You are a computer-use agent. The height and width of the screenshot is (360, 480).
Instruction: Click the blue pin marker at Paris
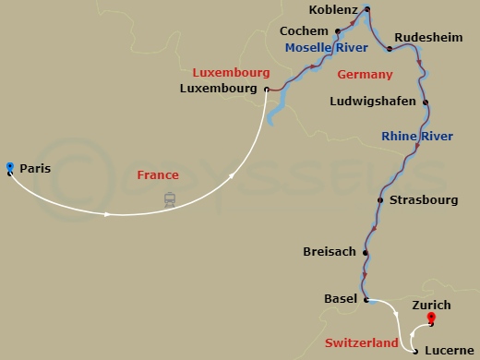click(x=9, y=167)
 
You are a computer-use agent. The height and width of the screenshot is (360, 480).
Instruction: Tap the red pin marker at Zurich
click(x=431, y=319)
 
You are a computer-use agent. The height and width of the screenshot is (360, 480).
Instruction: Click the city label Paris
click(x=35, y=169)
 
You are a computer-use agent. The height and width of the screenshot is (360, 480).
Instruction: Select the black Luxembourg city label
click(x=222, y=89)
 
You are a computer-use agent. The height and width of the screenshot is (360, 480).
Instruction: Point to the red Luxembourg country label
click(x=231, y=72)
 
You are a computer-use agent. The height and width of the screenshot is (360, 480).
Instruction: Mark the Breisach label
click(x=330, y=252)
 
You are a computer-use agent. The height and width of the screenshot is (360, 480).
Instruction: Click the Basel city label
click(x=341, y=299)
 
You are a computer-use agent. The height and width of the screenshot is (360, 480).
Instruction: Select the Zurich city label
click(x=431, y=305)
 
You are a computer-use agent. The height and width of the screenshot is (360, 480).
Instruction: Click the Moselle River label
click(x=319, y=48)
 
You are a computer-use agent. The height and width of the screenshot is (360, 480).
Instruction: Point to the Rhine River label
click(x=417, y=137)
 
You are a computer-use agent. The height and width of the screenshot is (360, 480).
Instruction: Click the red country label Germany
click(x=366, y=74)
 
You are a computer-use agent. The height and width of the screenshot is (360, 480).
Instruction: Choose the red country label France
click(x=158, y=174)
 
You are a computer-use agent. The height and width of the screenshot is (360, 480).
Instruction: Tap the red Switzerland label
click(x=362, y=342)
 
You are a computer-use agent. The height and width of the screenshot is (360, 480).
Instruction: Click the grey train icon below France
click(x=170, y=198)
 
